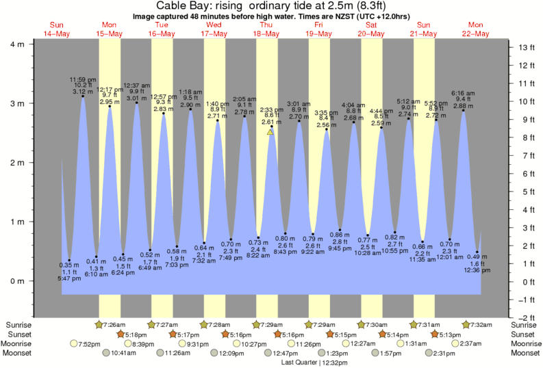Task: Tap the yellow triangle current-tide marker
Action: pyautogui.click(x=270, y=132)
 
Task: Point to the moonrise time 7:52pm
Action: pyautogui.click(x=88, y=343)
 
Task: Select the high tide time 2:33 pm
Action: pyautogui.click(x=271, y=109)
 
